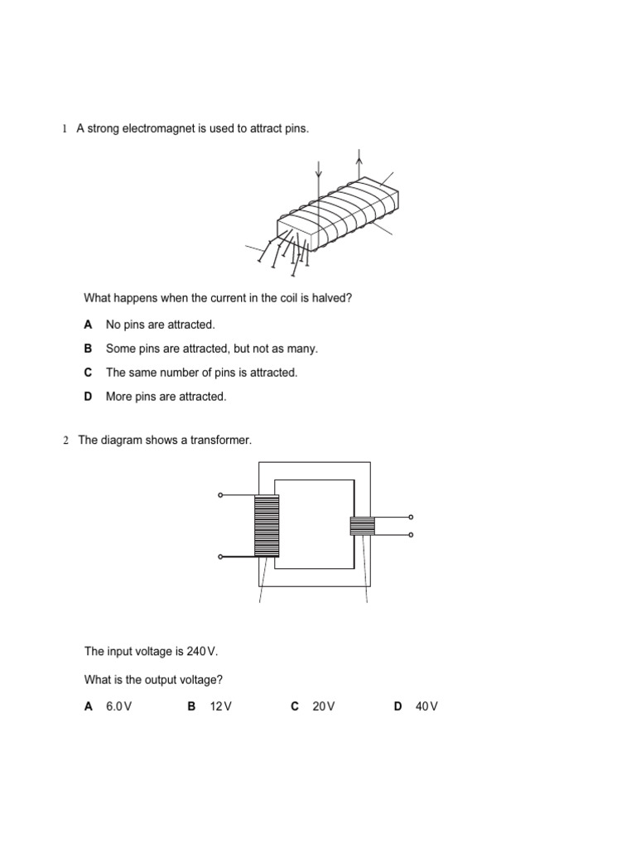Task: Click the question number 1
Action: tap(63, 129)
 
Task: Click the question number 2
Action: tap(65, 441)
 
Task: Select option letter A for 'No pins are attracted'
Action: tap(88, 325)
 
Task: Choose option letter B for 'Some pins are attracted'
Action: tap(88, 349)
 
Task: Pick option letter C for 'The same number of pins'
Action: tap(88, 373)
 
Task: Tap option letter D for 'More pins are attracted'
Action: tap(88, 397)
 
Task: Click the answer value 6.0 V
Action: tap(119, 706)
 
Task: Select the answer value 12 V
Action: tap(221, 706)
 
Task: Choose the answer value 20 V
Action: tap(324, 706)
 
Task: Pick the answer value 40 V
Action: tap(426, 706)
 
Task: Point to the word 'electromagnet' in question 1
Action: tap(157, 129)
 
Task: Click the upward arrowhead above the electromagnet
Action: tap(359, 154)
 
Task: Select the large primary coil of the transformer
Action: tap(267, 526)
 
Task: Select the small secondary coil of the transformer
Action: tap(362, 526)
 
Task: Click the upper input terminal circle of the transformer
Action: tap(220, 495)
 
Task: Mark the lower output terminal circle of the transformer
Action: tap(411, 535)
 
